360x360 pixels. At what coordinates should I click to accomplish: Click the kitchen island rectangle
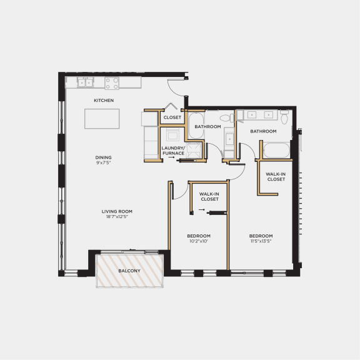point(102,119)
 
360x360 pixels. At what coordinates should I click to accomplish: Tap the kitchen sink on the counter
point(86,82)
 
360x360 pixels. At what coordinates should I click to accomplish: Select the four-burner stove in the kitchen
point(112,82)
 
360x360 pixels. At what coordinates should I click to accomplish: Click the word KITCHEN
point(104,100)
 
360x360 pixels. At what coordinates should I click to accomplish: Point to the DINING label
point(104,157)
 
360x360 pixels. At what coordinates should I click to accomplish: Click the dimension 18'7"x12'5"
point(117,217)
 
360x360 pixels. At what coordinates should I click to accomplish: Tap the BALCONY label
point(129,271)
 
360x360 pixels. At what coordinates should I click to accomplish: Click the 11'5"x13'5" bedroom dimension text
point(261,241)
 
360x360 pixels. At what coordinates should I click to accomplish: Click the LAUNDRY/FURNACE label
point(173,151)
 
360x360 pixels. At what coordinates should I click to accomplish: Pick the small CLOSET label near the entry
point(172,117)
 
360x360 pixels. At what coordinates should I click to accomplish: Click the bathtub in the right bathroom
point(276,151)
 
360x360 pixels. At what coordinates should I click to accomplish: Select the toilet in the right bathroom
point(285,117)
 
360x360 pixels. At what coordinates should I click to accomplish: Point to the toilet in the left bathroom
point(224,117)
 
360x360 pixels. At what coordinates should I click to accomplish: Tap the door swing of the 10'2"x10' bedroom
point(179,191)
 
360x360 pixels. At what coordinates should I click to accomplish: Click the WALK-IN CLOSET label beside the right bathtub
point(276,176)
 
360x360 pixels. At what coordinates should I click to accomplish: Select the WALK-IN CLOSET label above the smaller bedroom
point(208,197)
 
